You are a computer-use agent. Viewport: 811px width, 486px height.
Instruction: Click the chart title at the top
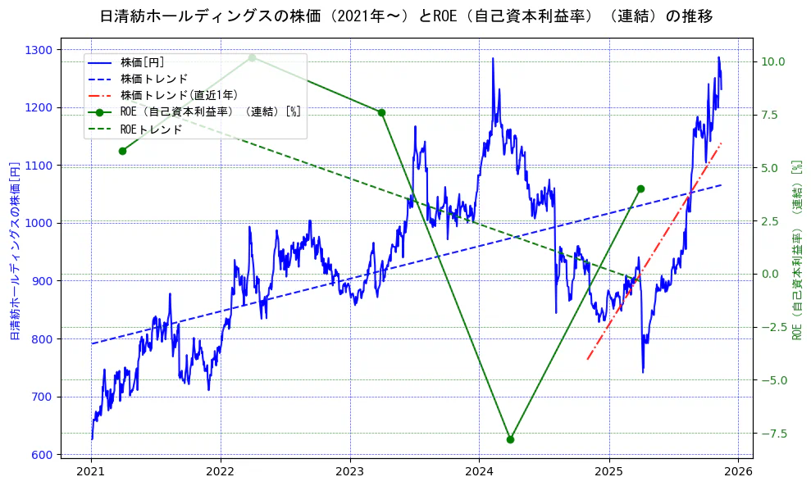(x=406, y=16)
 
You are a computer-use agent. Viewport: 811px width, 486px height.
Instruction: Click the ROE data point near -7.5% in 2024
(x=510, y=439)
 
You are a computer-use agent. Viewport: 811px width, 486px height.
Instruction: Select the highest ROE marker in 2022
(x=252, y=57)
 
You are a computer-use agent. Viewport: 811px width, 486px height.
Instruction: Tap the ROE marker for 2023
(x=381, y=112)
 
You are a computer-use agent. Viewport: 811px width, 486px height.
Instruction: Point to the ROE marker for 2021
(x=122, y=151)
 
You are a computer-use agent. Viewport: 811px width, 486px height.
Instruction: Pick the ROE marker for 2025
(x=640, y=188)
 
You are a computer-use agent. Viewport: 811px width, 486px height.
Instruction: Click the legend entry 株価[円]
(x=143, y=62)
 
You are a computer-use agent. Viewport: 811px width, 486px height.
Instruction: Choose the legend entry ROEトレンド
(x=151, y=129)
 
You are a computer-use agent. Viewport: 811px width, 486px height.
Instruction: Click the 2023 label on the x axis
(x=350, y=472)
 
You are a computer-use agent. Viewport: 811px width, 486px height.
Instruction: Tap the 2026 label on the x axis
(x=739, y=472)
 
